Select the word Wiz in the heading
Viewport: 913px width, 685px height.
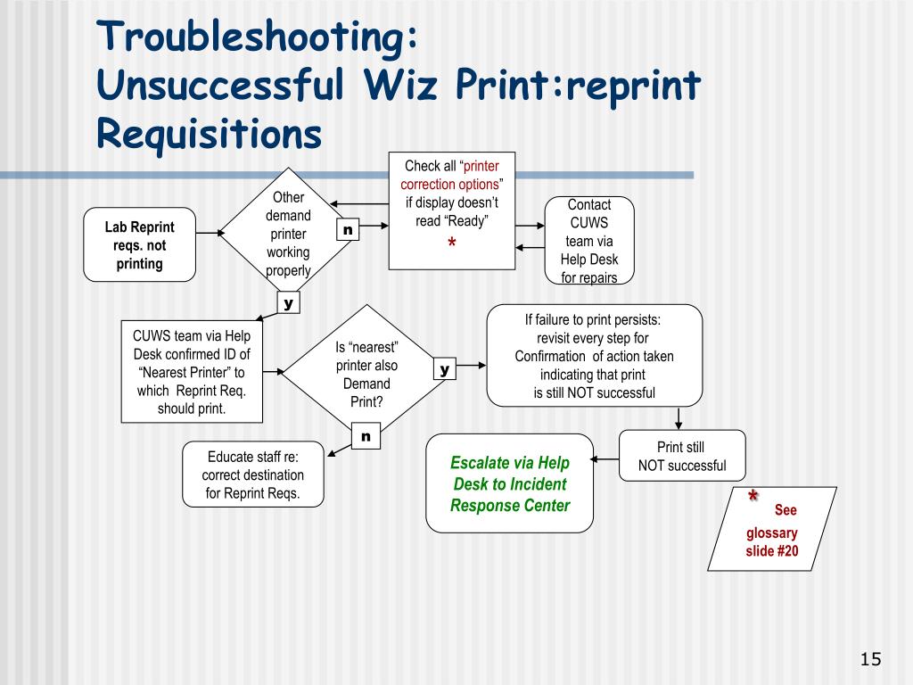pyautogui.click(x=400, y=85)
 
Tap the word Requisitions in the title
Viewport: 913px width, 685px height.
pyautogui.click(x=209, y=134)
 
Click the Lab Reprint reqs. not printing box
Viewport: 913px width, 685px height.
pyautogui.click(x=140, y=244)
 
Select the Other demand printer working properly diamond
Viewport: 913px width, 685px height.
pyautogui.click(x=288, y=233)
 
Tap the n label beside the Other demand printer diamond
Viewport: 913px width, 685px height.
pyautogui.click(x=349, y=229)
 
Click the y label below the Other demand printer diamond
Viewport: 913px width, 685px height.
pyautogui.click(x=288, y=302)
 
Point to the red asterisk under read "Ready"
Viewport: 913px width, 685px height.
pyautogui.click(x=452, y=243)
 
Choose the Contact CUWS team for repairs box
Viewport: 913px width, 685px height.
pyautogui.click(x=589, y=241)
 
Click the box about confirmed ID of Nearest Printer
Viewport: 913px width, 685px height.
pyautogui.click(x=193, y=372)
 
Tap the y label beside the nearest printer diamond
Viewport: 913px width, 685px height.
pyautogui.click(x=445, y=368)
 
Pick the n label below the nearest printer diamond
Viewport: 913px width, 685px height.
pyautogui.click(x=366, y=436)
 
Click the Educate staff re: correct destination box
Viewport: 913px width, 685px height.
pyautogui.click(x=253, y=475)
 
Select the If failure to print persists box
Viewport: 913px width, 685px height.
pyautogui.click(x=595, y=355)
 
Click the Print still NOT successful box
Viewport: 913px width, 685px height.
pyautogui.click(x=682, y=456)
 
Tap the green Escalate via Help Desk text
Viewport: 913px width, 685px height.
pyautogui.click(x=510, y=483)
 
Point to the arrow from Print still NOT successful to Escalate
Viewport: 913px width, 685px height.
pyautogui.click(x=605, y=459)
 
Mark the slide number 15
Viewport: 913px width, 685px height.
pyautogui.click(x=870, y=659)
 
